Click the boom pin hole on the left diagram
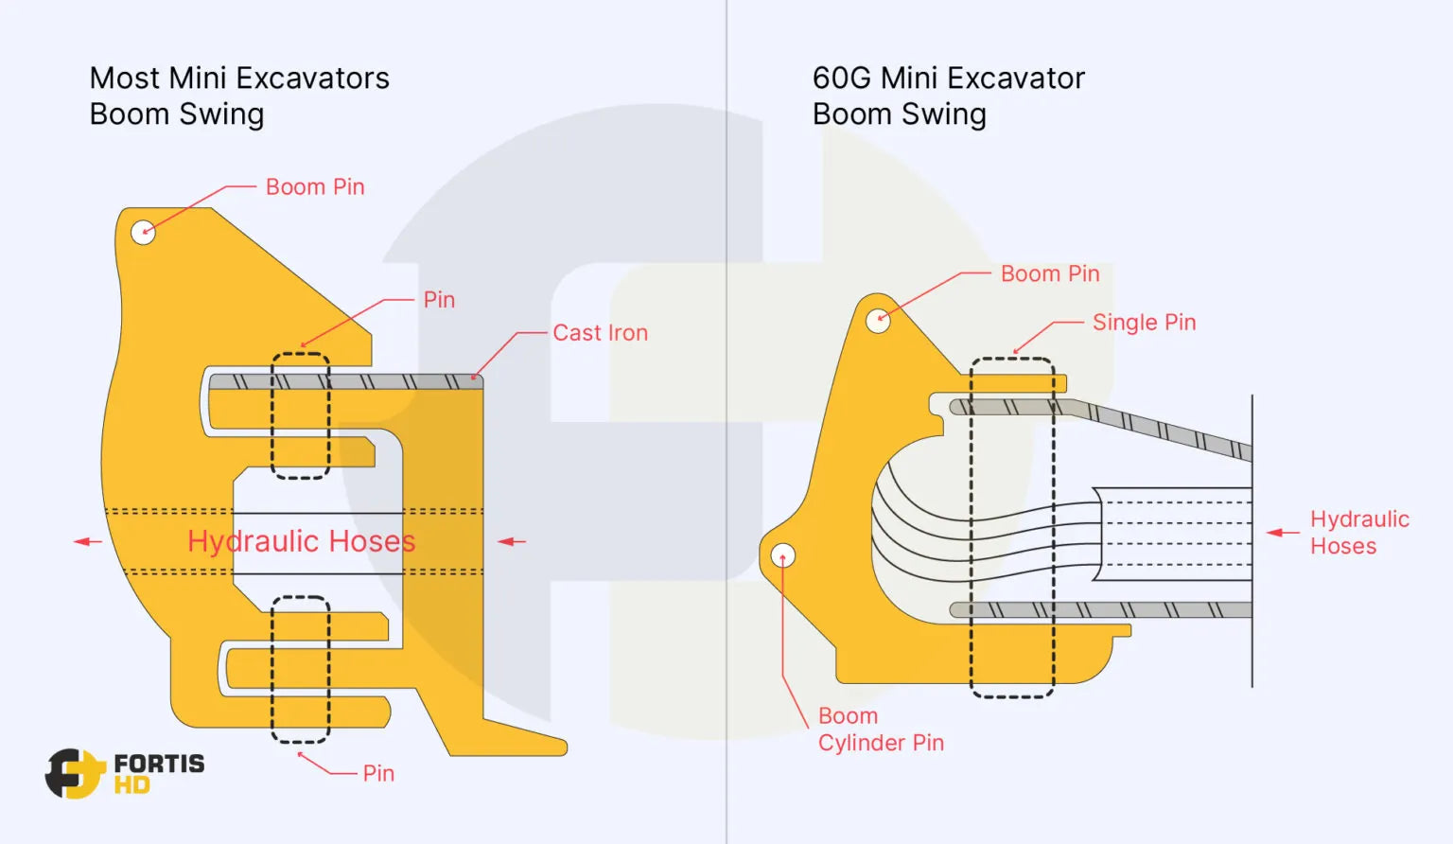(x=143, y=231)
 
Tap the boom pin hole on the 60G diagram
(x=878, y=321)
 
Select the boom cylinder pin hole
(x=783, y=555)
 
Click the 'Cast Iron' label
(x=600, y=333)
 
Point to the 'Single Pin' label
(x=1144, y=323)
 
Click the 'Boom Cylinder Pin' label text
(x=880, y=730)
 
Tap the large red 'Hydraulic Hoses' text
(x=301, y=541)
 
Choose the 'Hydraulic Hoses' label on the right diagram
(x=1358, y=533)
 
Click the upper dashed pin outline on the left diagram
(x=301, y=415)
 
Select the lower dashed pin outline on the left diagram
(x=301, y=669)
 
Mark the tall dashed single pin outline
(x=1012, y=527)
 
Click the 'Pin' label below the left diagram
(x=378, y=774)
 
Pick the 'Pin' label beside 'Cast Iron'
(x=439, y=300)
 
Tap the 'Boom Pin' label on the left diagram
(x=315, y=187)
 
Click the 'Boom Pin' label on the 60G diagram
(x=1050, y=274)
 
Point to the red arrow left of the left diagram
(x=87, y=541)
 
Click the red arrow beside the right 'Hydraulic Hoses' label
(x=1282, y=533)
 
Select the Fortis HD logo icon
(x=74, y=773)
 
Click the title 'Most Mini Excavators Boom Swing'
(x=238, y=96)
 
